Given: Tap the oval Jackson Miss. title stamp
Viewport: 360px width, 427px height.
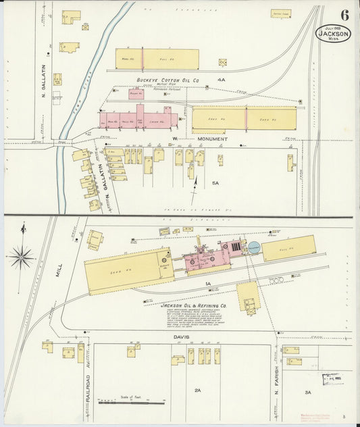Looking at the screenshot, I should (x=333, y=34).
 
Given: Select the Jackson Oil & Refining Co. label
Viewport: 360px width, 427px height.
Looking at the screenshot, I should (x=195, y=305).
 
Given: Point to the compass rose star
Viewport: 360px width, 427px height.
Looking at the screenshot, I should (x=22, y=257).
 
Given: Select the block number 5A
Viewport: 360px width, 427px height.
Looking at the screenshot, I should (x=215, y=183).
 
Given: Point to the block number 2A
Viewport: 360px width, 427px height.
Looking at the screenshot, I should (x=197, y=391).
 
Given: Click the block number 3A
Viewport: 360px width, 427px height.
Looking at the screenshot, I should (x=307, y=392).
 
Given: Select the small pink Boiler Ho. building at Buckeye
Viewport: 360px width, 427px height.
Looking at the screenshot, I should (x=136, y=94).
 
